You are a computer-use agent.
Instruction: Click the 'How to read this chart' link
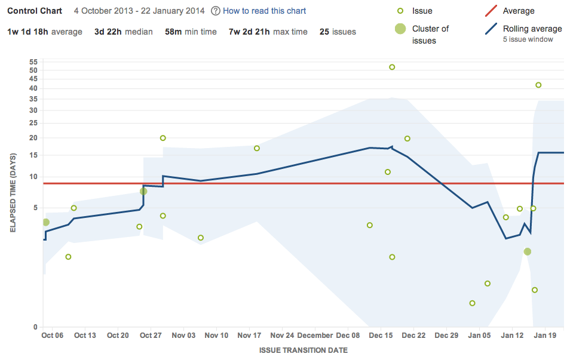264,11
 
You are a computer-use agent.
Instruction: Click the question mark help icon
215,11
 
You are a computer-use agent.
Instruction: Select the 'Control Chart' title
35,11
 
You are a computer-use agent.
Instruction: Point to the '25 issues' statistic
338,32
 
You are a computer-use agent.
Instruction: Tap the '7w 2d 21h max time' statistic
268,32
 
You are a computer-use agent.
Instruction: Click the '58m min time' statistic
191,32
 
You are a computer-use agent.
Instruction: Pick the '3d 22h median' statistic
123,32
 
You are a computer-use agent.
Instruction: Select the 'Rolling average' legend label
532,29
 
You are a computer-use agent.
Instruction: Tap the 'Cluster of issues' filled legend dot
400,29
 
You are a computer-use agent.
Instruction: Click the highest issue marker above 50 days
392,67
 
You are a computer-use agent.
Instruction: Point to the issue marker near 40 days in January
538,85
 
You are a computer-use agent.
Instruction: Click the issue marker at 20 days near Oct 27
163,138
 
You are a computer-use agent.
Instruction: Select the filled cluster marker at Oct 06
45,222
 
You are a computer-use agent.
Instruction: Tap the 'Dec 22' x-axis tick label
413,336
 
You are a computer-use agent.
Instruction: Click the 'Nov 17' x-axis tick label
249,336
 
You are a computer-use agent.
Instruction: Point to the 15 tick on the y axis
33,155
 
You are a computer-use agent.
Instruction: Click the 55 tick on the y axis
33,61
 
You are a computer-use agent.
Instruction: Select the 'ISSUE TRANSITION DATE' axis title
304,350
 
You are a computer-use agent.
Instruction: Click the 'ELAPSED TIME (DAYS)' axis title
13,193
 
